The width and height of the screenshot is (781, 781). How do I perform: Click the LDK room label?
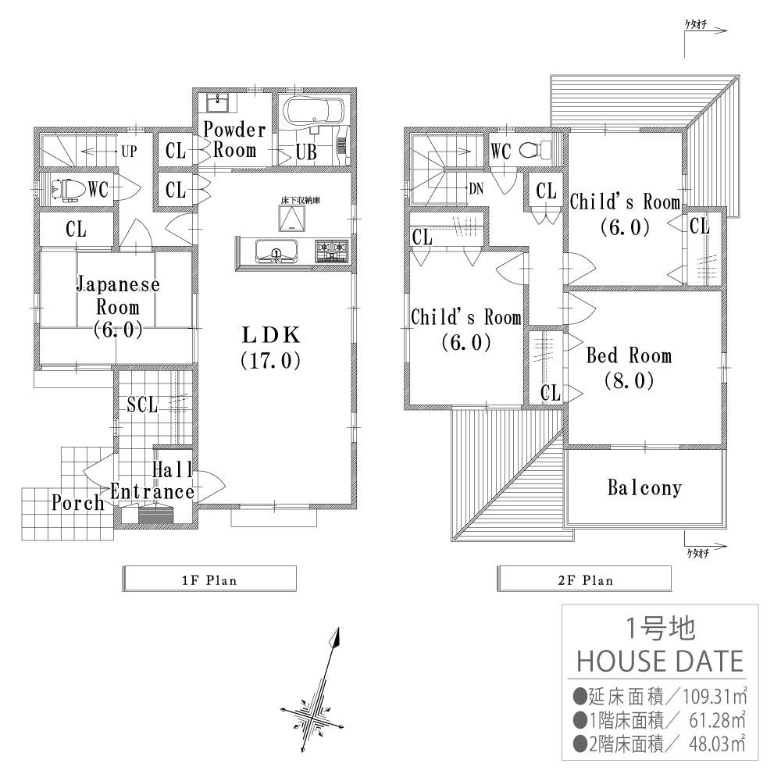click(270, 348)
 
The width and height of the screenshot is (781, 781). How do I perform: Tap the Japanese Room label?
click(117, 306)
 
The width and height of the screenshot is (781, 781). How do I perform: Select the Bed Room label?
click(628, 368)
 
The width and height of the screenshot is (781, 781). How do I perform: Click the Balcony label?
click(644, 488)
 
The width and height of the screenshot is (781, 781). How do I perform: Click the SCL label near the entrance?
click(142, 405)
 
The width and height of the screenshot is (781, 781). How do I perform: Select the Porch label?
click(78, 502)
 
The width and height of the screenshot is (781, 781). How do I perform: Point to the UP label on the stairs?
click(126, 152)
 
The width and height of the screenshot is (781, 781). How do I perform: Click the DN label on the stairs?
click(476, 187)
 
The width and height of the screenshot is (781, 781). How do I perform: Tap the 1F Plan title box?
click(210, 580)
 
